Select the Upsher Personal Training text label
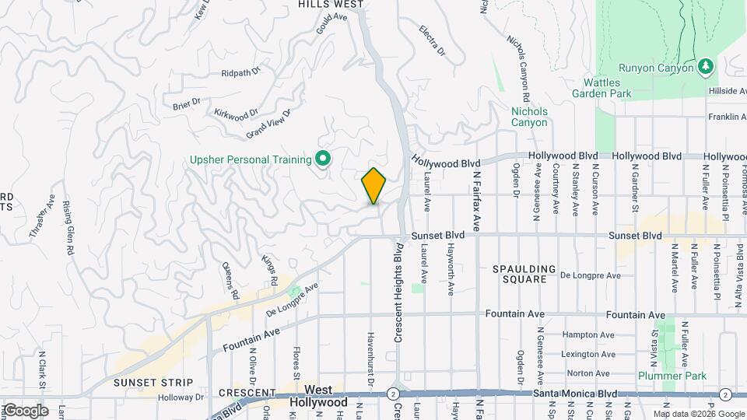click(251, 160)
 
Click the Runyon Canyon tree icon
click(705, 67)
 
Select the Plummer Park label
click(672, 376)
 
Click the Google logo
click(26, 410)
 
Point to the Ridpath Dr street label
click(241, 74)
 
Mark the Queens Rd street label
click(231, 281)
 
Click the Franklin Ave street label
click(727, 117)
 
